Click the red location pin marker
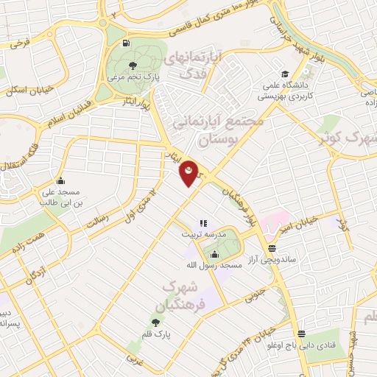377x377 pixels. point(189,172)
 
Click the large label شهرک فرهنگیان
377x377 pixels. point(177,294)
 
